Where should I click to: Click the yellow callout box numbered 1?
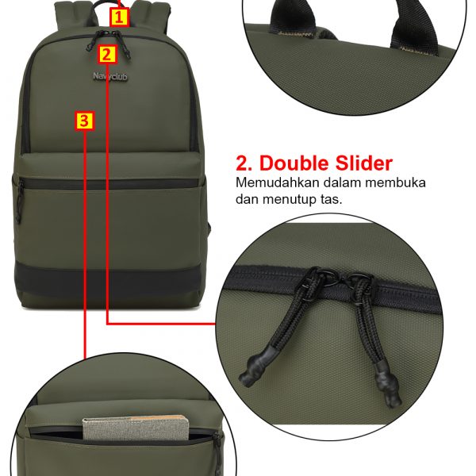coord(119,17)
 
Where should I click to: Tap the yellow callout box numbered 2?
coord(107,55)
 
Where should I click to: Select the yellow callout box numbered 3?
coord(84,121)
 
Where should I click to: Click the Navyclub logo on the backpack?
coord(110,76)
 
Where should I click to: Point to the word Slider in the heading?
coord(363,163)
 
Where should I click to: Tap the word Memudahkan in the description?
coord(278,182)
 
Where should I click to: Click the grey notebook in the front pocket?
coord(136,428)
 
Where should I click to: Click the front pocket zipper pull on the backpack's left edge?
coord(19,201)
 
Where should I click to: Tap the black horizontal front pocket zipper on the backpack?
coord(111,184)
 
